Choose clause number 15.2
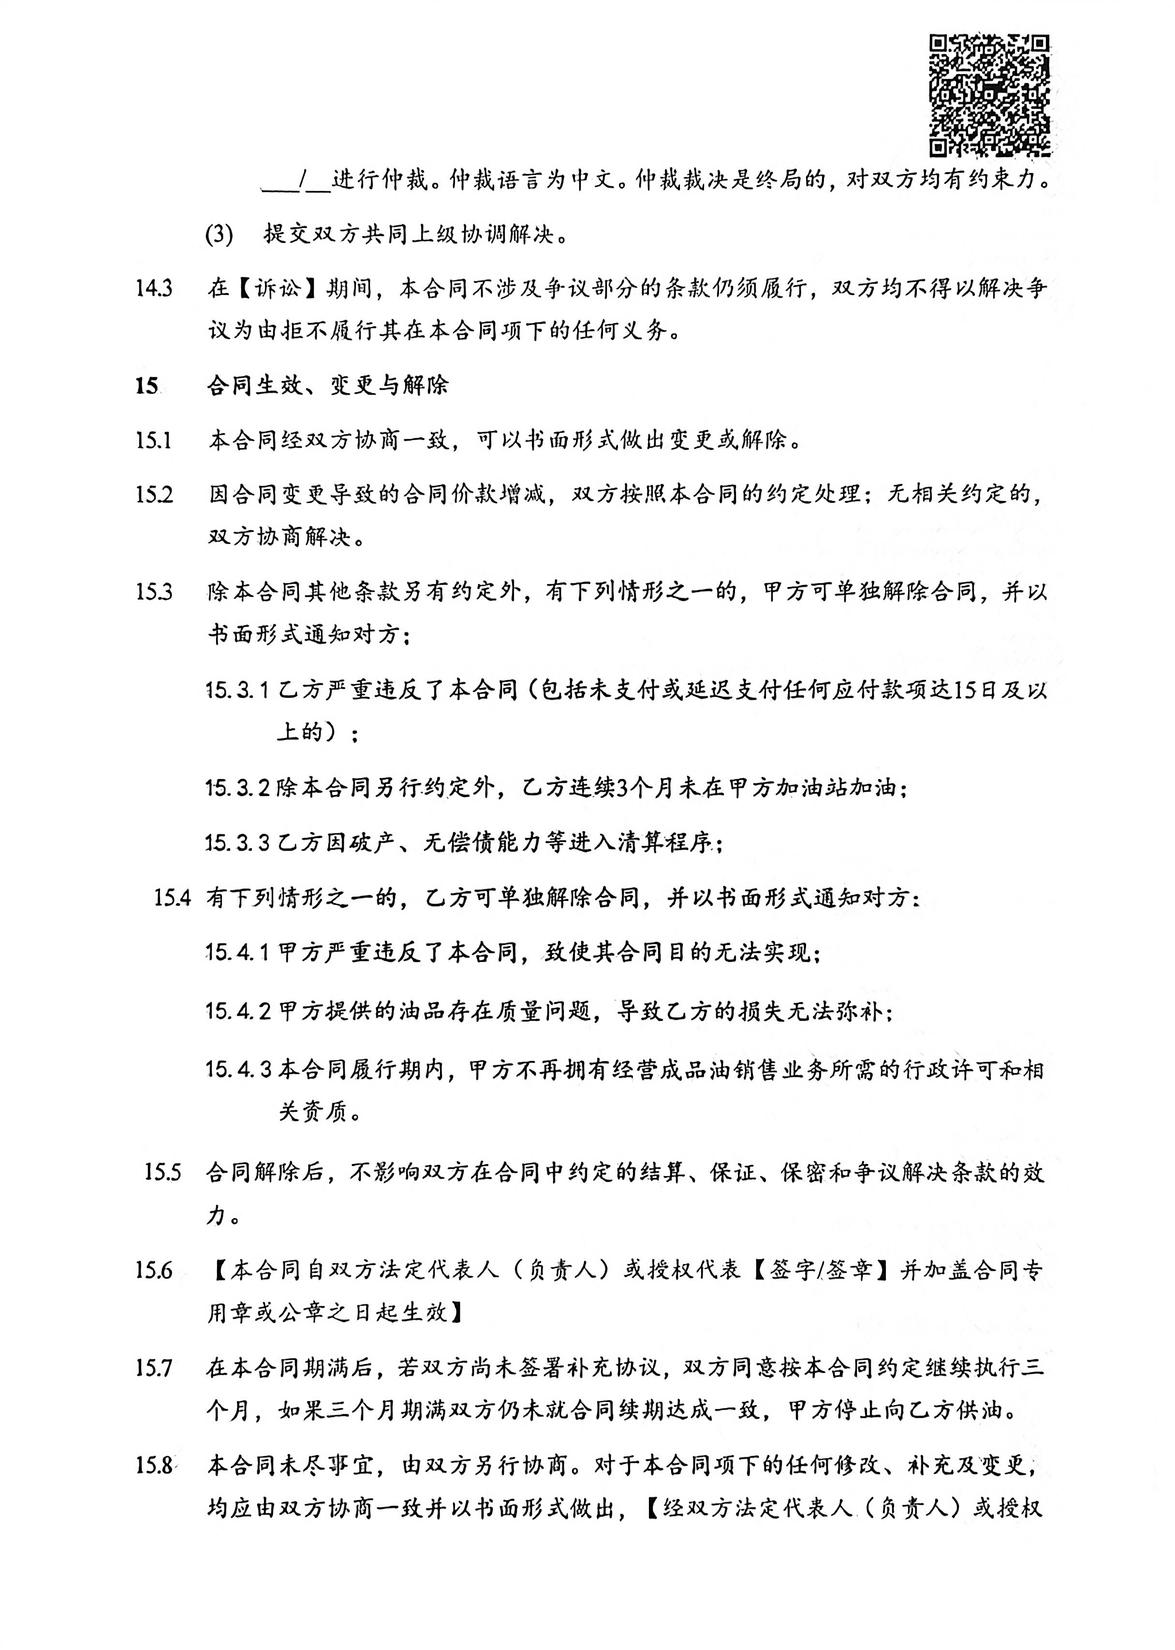point(154,495)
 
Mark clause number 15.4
point(172,899)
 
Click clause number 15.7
point(154,1369)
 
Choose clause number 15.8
point(154,1466)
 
